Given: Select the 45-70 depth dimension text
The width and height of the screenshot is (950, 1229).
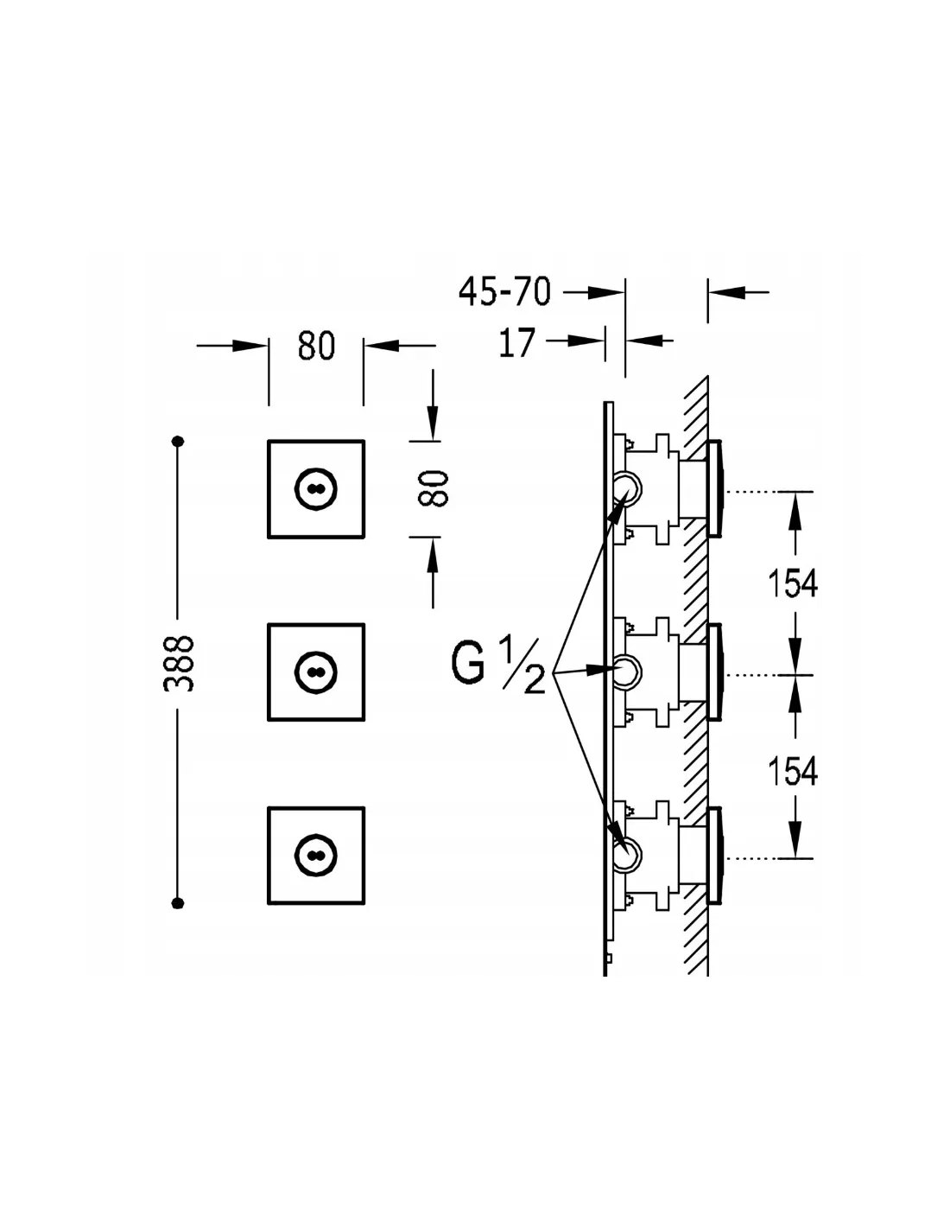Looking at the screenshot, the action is tap(504, 292).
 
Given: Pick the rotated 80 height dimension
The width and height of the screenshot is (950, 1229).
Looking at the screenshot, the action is tap(434, 488).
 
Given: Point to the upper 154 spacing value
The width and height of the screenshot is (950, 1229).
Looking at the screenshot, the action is tap(792, 583).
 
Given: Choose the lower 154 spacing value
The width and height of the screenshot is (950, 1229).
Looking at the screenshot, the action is tap(792, 770).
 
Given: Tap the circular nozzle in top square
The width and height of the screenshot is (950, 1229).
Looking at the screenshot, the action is tap(316, 488).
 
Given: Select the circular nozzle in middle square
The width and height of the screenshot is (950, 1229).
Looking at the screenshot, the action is tap(316, 672).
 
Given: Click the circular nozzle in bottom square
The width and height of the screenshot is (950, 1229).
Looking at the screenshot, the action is tap(316, 856).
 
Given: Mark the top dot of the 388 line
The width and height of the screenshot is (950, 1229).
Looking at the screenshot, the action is tap(178, 441).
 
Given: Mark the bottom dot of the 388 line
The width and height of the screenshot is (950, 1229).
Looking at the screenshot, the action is tap(178, 902).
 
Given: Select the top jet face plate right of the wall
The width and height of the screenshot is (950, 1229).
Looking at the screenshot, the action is tap(715, 488).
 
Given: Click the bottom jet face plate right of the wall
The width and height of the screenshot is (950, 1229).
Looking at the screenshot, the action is tap(715, 855).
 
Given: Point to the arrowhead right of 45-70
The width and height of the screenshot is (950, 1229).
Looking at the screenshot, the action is tap(605, 292).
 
